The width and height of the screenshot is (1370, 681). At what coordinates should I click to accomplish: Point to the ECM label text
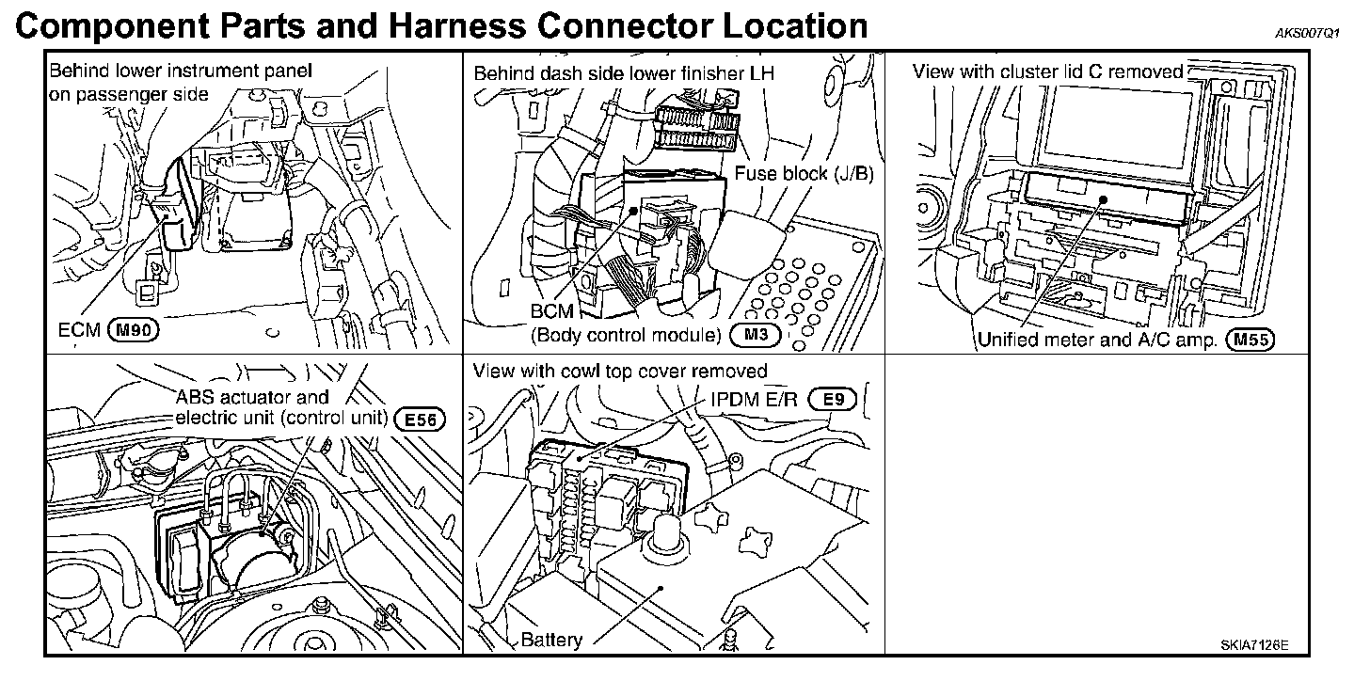click(78, 330)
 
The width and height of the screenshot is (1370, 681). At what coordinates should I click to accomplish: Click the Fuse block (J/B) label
click(805, 173)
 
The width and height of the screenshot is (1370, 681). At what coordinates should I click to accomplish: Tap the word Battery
click(551, 640)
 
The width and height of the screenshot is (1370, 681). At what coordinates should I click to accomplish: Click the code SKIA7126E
click(1254, 645)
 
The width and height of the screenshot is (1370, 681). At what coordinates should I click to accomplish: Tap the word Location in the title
click(794, 25)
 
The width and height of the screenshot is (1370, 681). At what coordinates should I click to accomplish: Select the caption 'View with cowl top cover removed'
click(620, 371)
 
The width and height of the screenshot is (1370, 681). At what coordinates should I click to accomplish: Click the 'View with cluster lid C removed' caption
click(1048, 71)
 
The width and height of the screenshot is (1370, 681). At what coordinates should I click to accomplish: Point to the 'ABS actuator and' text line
click(253, 397)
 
